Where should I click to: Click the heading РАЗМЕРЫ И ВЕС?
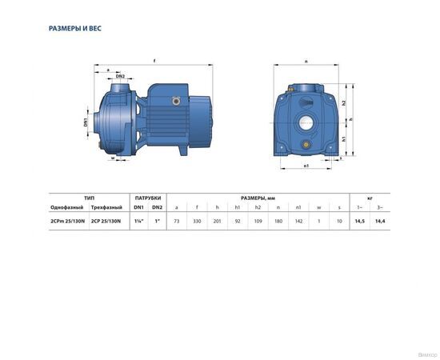[x=75, y=28]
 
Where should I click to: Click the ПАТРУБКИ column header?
[x=148, y=197]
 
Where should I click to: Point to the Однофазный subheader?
[x=66, y=207]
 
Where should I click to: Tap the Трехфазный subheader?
[x=107, y=207]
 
